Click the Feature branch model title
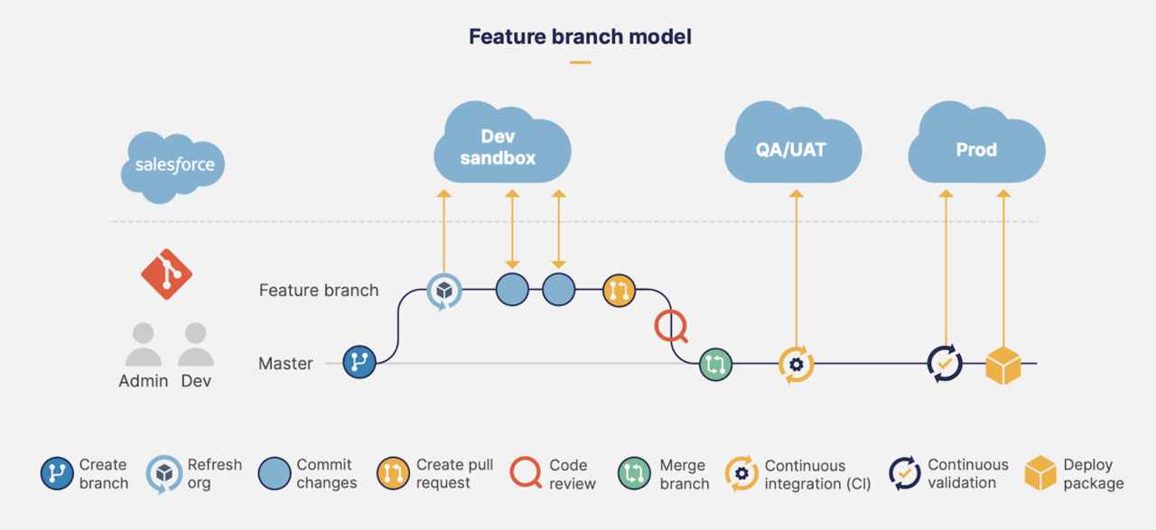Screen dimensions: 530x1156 point(580,37)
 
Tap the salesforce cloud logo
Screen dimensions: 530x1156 point(173,165)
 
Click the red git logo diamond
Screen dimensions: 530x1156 point(166,274)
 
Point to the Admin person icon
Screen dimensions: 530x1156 point(143,345)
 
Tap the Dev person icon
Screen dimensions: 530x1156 point(196,345)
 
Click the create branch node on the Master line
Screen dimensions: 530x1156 point(359,363)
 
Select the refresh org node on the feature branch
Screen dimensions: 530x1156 point(443,291)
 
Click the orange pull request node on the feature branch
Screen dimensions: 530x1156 point(619,291)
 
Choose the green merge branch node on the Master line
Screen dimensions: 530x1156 point(715,364)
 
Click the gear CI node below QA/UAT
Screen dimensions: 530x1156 point(796,365)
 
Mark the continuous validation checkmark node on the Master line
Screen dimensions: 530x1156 point(945,364)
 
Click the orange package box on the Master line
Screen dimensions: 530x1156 point(1002,365)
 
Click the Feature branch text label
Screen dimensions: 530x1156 point(319,291)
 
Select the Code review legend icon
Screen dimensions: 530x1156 point(525,473)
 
